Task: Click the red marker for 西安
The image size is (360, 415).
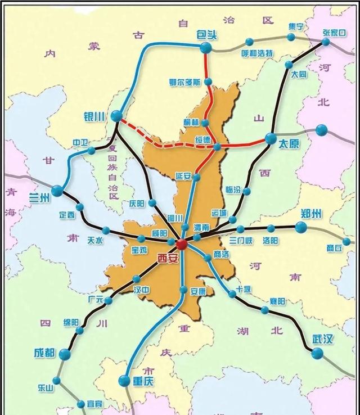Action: click(181, 245)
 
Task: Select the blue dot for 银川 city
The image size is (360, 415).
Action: click(116, 116)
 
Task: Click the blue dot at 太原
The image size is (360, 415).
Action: click(269, 138)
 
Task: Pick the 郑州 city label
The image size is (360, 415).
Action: click(310, 213)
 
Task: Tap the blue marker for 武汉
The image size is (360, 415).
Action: click(317, 354)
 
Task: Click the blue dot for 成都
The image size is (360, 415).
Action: click(65, 354)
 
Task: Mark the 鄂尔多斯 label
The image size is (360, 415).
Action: click(184, 82)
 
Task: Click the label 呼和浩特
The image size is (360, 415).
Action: click(257, 53)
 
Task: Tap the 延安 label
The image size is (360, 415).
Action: click(183, 176)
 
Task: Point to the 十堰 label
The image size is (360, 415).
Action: click(243, 288)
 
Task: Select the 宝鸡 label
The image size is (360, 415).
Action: click(139, 249)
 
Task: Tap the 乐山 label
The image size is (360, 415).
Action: click(46, 388)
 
